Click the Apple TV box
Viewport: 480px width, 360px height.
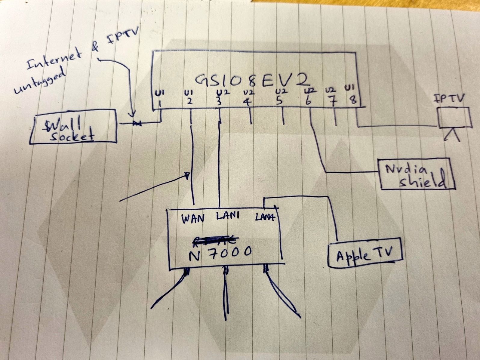[x=365, y=253]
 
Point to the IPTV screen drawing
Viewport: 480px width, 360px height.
[x=454, y=118]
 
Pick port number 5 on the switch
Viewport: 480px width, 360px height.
[x=279, y=101]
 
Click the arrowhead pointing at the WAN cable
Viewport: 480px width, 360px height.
[x=187, y=175]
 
